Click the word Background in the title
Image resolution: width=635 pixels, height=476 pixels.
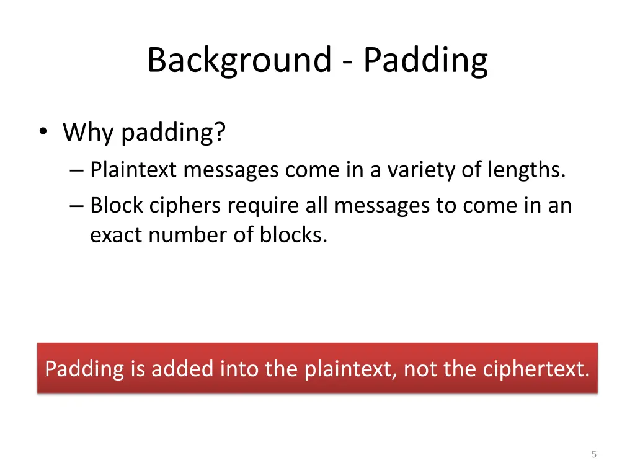[x=239, y=61]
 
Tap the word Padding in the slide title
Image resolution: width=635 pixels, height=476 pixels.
[x=425, y=61]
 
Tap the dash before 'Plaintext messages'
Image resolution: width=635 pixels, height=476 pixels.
[x=78, y=170]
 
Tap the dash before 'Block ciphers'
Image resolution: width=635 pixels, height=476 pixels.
[x=78, y=205]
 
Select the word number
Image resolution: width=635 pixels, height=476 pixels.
[x=190, y=236]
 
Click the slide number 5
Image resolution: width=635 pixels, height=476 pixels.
[x=593, y=455]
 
